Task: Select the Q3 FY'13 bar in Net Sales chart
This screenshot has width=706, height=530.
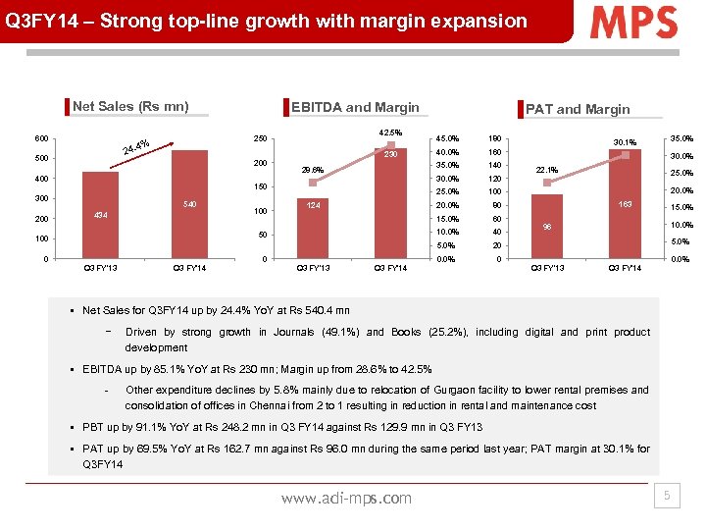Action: pyautogui.click(x=100, y=216)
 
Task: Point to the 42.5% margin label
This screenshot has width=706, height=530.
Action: pyautogui.click(x=389, y=133)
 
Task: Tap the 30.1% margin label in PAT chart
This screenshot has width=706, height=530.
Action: pyautogui.click(x=625, y=142)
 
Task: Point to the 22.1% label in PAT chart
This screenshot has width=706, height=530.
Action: pyautogui.click(x=547, y=170)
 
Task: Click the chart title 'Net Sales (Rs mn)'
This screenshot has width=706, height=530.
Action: pyautogui.click(x=130, y=107)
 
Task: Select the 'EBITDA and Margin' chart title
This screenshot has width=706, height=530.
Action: pyautogui.click(x=355, y=107)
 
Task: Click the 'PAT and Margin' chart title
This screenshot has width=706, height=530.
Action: pyautogui.click(x=578, y=109)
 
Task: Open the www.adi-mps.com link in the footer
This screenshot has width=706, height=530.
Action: pyautogui.click(x=346, y=498)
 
